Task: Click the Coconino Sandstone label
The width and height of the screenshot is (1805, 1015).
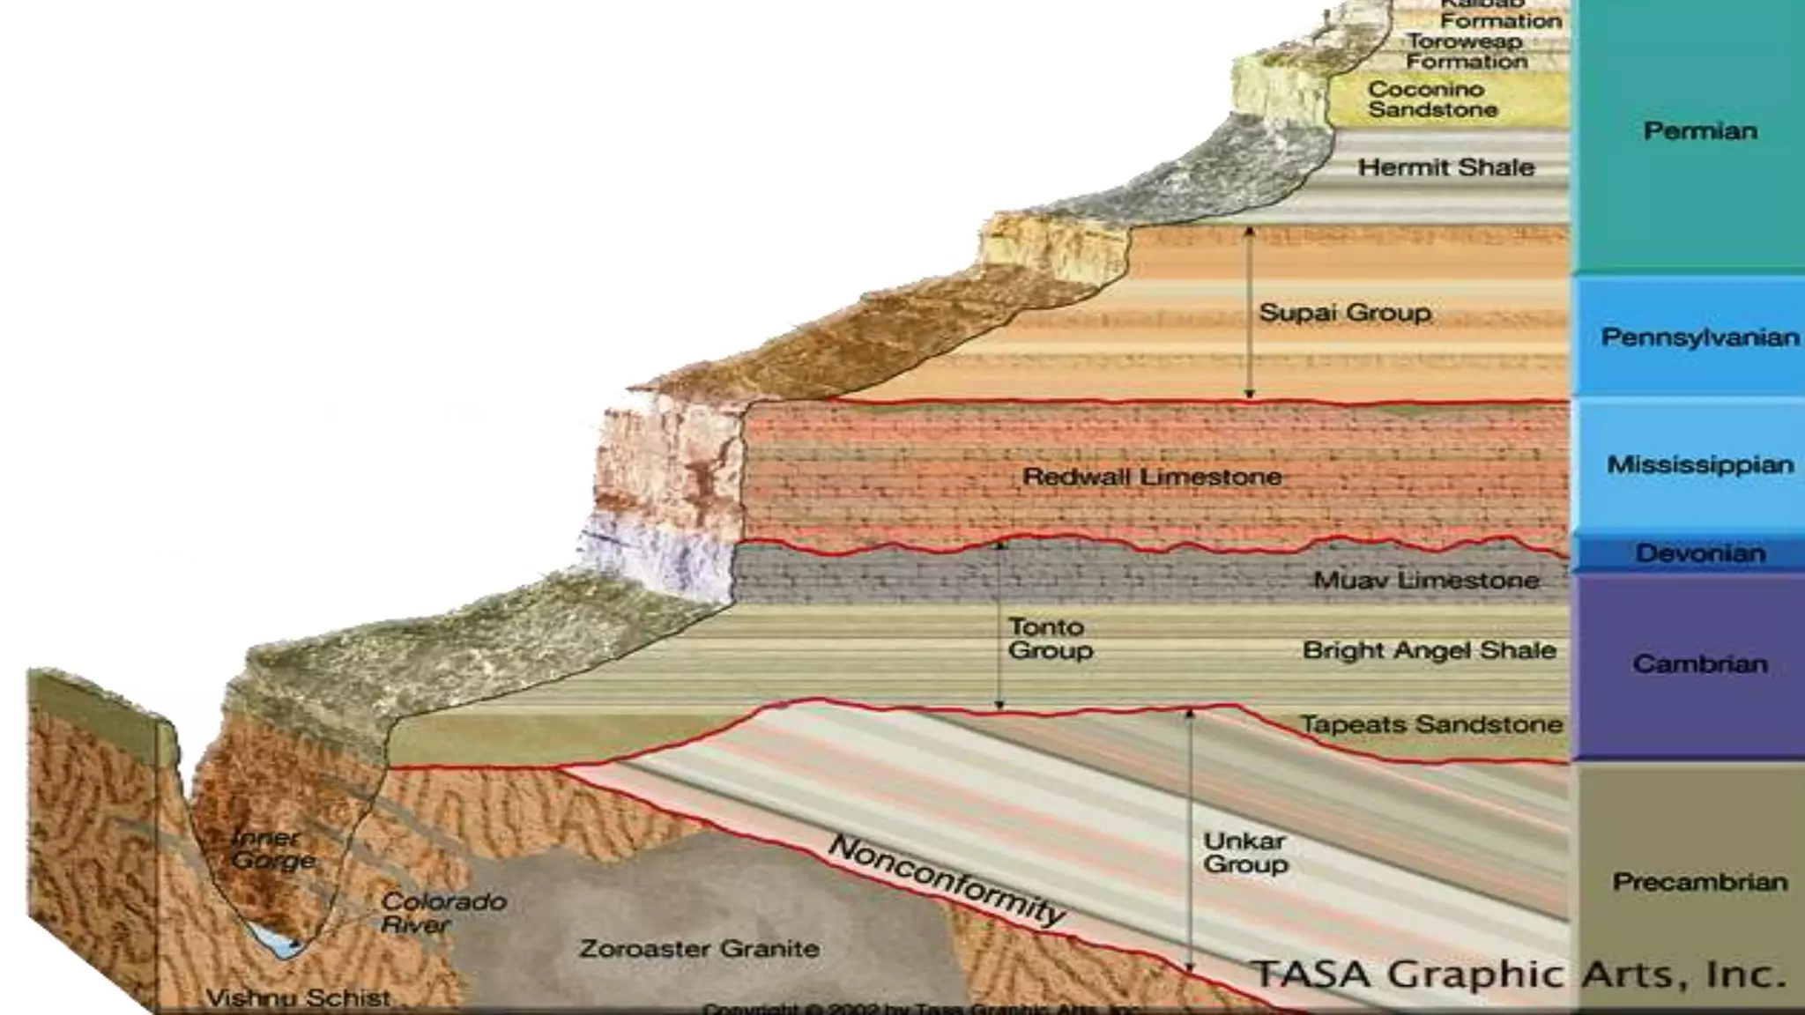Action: point(1432,100)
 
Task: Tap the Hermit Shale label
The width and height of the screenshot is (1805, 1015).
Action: point(1445,167)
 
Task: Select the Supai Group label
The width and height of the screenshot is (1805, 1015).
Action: point(1344,313)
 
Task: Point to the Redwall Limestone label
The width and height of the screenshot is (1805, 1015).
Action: point(1152,477)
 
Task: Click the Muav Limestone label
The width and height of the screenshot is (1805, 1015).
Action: point(1426,581)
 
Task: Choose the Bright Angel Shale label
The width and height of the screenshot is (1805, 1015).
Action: point(1429,650)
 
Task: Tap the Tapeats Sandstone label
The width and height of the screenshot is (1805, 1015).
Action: point(1431,724)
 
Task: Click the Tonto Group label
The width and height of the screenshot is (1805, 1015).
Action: point(1050,639)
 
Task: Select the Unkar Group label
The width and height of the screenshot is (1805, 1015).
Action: point(1245,853)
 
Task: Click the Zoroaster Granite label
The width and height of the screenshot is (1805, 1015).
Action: point(699,949)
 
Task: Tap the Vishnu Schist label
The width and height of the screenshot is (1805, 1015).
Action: point(298,998)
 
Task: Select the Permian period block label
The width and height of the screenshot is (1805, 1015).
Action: point(1699,131)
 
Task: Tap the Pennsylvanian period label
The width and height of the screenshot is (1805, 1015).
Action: point(1699,337)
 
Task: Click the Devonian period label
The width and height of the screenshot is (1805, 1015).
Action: point(1700,553)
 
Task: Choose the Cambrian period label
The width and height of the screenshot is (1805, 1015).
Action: point(1699,663)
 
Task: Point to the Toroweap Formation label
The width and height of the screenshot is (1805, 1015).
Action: point(1466,51)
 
